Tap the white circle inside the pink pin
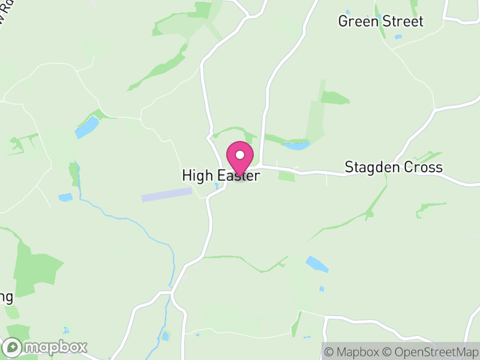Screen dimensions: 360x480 click(x=240, y=155)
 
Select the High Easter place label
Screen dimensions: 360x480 click(x=221, y=176)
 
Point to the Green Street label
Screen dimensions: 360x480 click(x=380, y=22)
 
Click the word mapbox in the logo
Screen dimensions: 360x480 click(x=55, y=347)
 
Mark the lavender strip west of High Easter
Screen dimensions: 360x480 click(x=166, y=194)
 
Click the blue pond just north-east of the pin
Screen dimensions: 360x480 click(x=296, y=145)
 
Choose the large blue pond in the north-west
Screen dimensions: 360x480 click(x=87, y=127)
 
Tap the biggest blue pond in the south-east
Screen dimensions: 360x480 click(x=317, y=264)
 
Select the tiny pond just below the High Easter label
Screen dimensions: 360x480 click(x=217, y=187)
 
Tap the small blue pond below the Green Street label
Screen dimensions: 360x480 click(x=398, y=37)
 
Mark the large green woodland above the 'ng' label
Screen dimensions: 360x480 click(x=37, y=267)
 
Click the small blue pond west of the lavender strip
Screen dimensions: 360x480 click(x=65, y=197)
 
